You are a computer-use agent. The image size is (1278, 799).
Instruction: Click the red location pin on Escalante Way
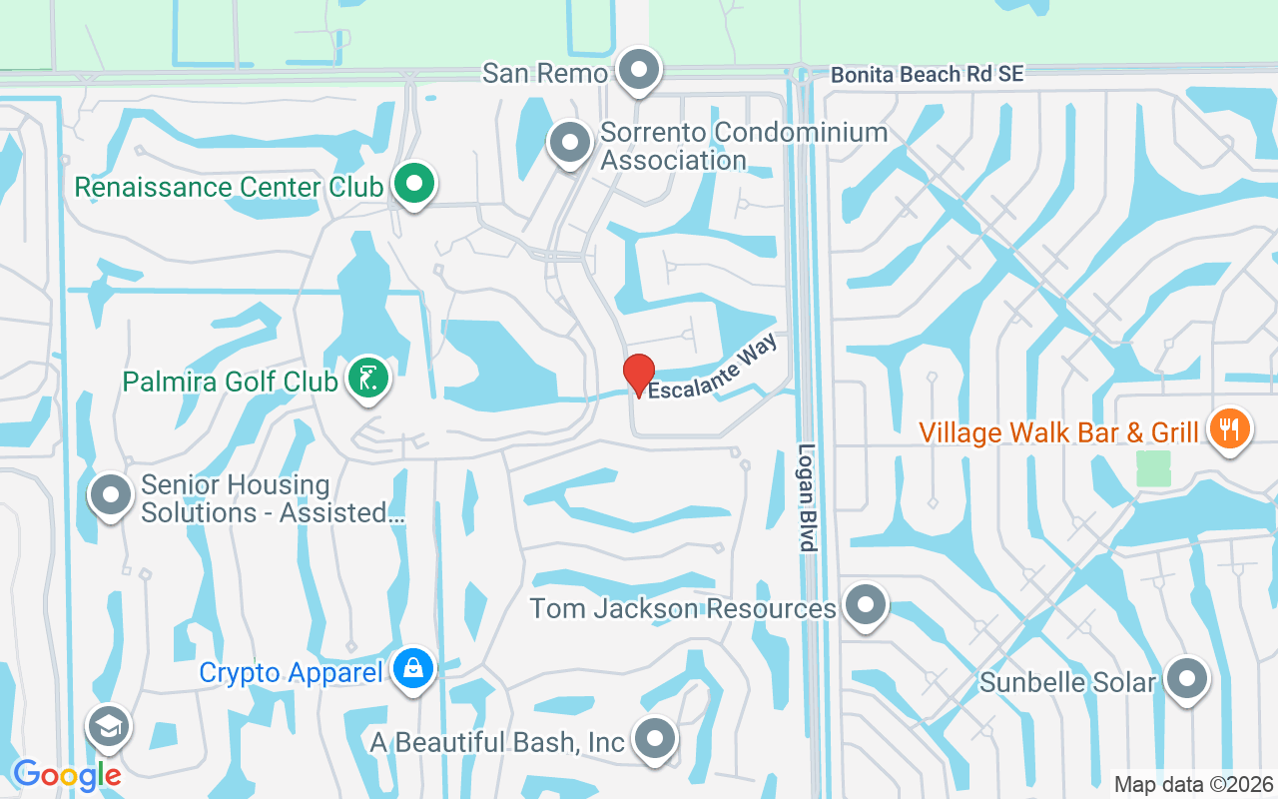point(639,375)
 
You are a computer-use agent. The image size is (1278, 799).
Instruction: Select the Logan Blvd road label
point(808,497)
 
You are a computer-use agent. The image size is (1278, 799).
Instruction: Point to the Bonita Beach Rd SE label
point(928,74)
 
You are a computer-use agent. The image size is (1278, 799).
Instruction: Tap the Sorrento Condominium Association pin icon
point(570,143)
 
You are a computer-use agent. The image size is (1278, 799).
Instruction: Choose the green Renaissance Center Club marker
point(413,184)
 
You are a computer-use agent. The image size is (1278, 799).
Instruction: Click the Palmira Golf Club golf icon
point(367,380)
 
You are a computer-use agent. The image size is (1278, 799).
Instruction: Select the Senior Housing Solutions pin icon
point(111,495)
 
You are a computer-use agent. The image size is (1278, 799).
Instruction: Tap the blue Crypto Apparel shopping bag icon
point(412,668)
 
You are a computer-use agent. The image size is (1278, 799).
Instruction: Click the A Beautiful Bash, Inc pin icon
point(654,739)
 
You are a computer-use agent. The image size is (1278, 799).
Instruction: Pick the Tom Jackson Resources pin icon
point(865,605)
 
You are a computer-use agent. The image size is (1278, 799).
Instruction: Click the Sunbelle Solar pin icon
point(1186,680)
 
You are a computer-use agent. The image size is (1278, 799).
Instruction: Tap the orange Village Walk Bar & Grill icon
point(1229,429)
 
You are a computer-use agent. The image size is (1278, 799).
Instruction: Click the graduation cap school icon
point(108,726)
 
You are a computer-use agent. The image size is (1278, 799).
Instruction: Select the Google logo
point(66,774)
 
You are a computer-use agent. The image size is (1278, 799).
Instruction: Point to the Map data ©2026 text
point(1194,784)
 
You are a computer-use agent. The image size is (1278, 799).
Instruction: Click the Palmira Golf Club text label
point(230,382)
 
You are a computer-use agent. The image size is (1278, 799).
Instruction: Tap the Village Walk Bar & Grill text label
point(1058,432)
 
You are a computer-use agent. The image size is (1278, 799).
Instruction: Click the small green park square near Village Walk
point(1153,468)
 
